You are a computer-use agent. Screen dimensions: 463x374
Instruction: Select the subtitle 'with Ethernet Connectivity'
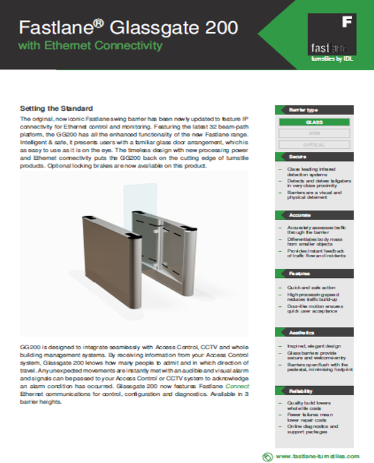tap(91, 45)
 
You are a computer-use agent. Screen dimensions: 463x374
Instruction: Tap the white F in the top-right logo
tap(347, 22)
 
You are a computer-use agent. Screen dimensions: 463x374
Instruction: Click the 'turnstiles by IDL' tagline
tap(332, 59)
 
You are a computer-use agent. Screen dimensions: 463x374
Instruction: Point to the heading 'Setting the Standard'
tap(56, 108)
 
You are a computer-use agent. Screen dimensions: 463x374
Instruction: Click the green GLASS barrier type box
tap(314, 122)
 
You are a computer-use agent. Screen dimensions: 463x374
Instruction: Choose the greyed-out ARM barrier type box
tap(314, 133)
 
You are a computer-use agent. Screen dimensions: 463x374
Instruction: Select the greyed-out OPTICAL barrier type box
tap(314, 145)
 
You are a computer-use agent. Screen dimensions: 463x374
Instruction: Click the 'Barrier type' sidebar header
tap(303, 110)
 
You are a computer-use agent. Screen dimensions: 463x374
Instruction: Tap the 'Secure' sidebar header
tap(297, 156)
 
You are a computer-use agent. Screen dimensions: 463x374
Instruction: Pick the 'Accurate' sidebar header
tap(300, 215)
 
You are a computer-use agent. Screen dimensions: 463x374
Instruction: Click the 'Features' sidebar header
tap(299, 273)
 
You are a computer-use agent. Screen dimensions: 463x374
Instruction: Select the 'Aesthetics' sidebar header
tap(301, 332)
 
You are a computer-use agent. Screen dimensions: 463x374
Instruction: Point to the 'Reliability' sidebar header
tap(301, 390)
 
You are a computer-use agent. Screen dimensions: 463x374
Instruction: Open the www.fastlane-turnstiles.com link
tap(317, 456)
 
